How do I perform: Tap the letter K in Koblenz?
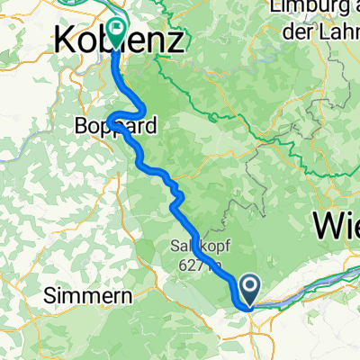(66, 39)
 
